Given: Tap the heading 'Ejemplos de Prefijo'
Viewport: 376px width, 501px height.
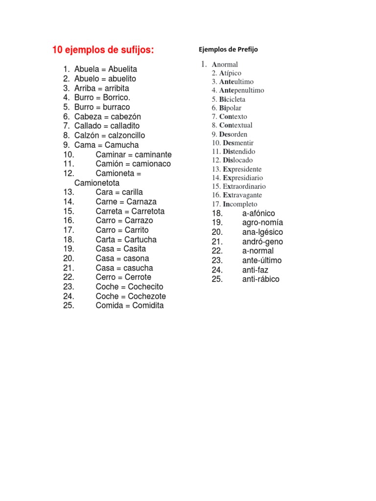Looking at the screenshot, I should coord(228,49).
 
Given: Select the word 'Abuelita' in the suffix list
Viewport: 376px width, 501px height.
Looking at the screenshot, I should coord(123,69).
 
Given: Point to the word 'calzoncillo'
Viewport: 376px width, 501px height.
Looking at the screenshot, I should coord(127,136).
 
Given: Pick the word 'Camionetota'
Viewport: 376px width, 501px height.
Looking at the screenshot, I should coord(97,182).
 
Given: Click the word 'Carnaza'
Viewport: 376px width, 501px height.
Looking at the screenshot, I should coord(141,202).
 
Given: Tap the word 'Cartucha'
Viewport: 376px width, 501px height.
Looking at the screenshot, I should coord(141,239).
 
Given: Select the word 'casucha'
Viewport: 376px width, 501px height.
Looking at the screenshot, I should coord(138,268).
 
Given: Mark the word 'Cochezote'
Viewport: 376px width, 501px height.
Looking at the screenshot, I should coord(147,296).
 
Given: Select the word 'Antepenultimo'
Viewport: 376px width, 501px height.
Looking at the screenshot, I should coord(242,91).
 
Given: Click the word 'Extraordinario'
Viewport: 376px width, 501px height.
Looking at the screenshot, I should coord(244,186).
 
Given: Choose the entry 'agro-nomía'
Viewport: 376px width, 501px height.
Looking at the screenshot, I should coord(262,223).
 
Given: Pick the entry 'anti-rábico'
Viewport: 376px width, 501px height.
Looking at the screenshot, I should coord(261,279).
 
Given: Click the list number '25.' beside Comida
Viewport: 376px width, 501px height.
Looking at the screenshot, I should coord(69,306).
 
